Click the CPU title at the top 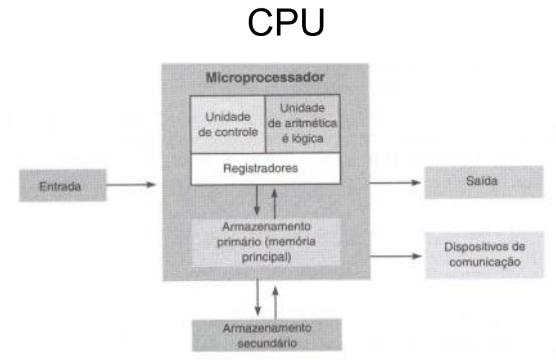tap(286, 24)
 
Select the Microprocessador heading tap(265, 78)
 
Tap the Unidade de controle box tap(227, 124)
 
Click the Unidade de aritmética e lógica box tap(302, 124)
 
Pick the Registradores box tap(265, 170)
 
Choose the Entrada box tap(60, 186)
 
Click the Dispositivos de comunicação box tap(483, 254)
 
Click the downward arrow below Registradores tap(256, 202)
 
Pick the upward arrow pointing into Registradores tap(276, 201)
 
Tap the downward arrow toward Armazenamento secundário tap(256, 299)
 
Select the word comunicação tap(483, 263)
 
